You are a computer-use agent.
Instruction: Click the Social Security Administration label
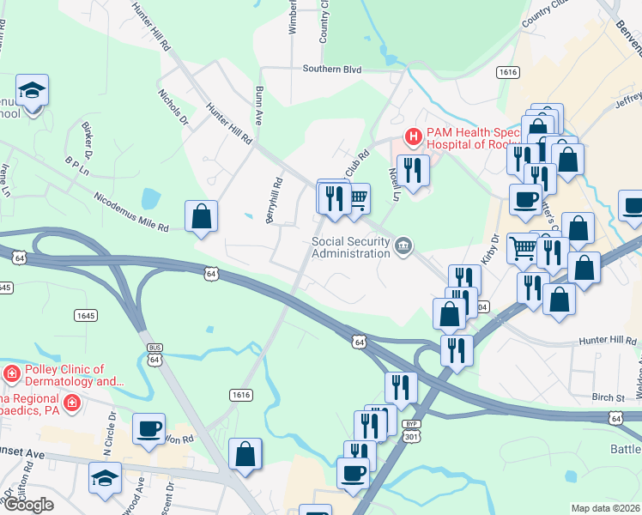(x=350, y=247)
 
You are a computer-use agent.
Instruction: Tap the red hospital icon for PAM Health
(x=414, y=136)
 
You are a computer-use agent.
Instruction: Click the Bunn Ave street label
(x=258, y=106)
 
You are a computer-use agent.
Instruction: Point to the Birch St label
(x=607, y=397)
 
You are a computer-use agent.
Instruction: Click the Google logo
(x=27, y=505)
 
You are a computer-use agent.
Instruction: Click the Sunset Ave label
(x=21, y=452)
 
